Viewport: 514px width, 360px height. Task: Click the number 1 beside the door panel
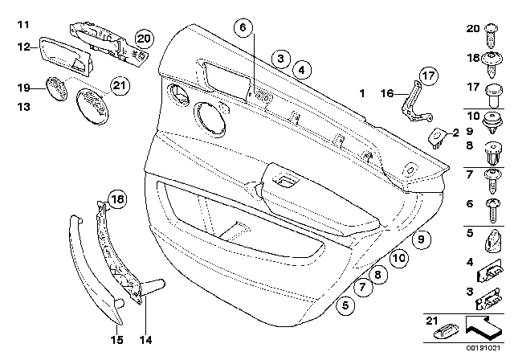(x=362, y=94)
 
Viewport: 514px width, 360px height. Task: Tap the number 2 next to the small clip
(x=454, y=133)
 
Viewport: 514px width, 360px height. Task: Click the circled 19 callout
(x=24, y=88)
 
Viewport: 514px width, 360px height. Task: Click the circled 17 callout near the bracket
(x=427, y=78)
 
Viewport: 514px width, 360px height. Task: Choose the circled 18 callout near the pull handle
(x=117, y=200)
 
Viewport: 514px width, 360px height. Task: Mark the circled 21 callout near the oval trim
(x=119, y=86)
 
